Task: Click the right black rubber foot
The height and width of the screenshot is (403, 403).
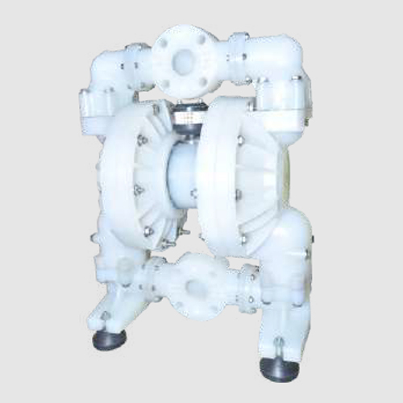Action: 279,367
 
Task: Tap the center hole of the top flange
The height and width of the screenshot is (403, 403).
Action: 184,60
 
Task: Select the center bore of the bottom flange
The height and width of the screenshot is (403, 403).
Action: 196,287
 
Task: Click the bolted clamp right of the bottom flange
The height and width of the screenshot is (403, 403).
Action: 247,287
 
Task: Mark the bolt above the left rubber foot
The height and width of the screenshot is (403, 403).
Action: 106,317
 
